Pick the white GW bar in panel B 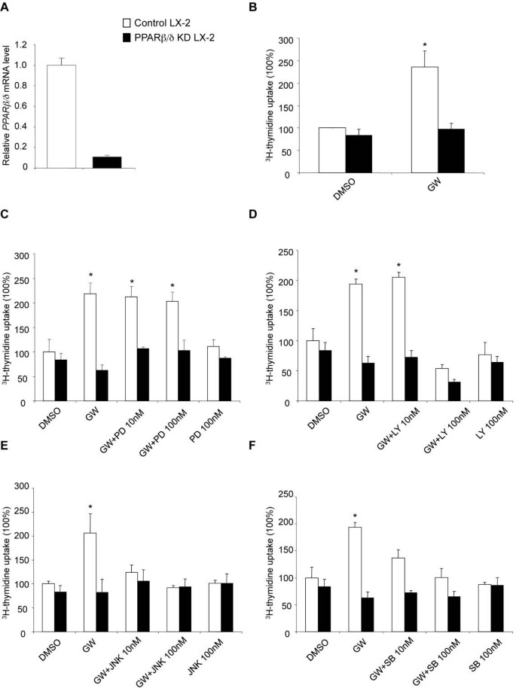(x=423, y=120)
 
